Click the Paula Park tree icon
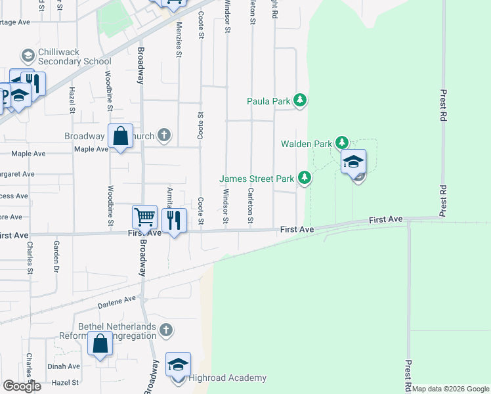(x=300, y=100)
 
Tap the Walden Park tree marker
(x=341, y=142)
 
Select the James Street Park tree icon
(x=304, y=177)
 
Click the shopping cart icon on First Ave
(x=144, y=216)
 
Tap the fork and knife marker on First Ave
(x=174, y=219)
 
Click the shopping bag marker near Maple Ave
(x=121, y=137)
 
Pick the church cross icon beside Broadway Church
(x=164, y=136)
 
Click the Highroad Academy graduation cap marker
(x=178, y=364)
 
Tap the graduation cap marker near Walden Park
(x=353, y=161)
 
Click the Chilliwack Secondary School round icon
(x=28, y=55)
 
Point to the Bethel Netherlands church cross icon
(x=166, y=330)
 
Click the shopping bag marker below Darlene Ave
(x=100, y=345)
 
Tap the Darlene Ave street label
(x=117, y=301)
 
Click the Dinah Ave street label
(x=64, y=366)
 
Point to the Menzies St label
(x=179, y=39)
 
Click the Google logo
(x=22, y=386)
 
